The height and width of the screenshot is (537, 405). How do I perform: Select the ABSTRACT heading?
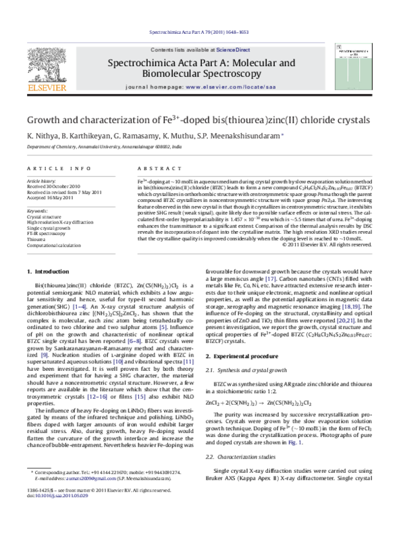click(x=153, y=168)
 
